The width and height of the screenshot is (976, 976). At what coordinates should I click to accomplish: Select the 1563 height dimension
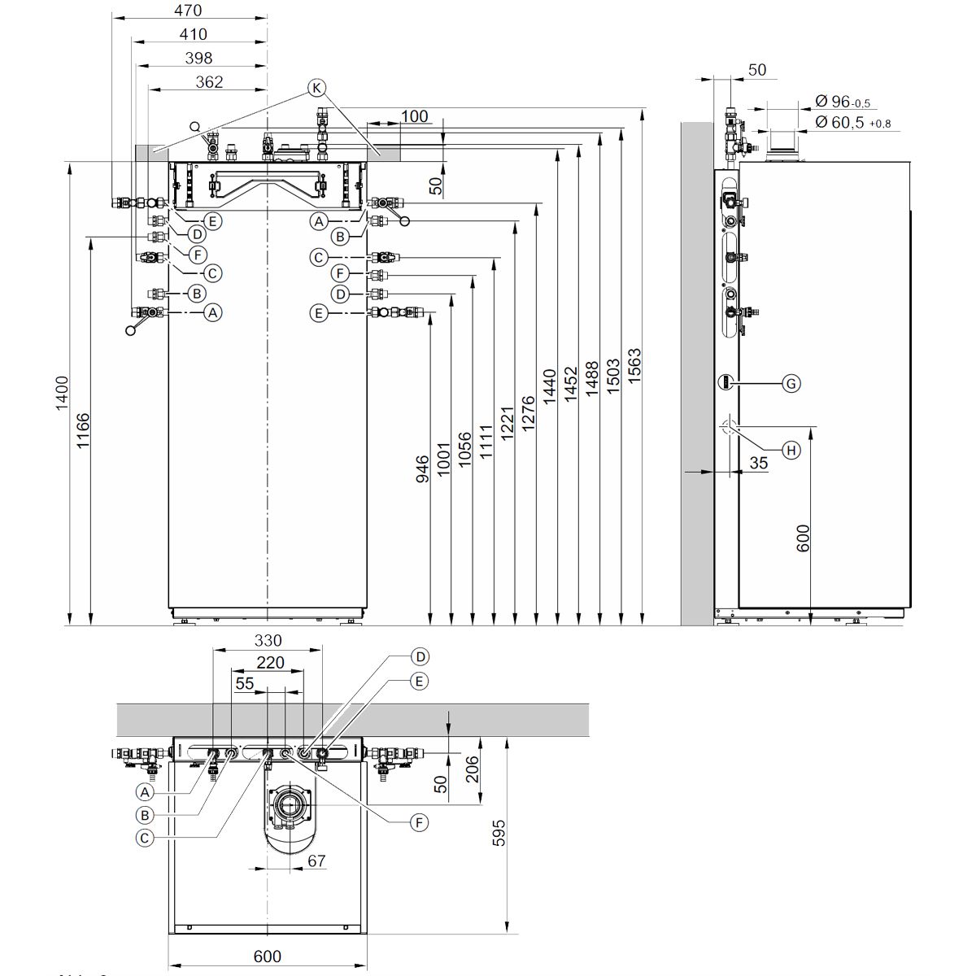[635, 366]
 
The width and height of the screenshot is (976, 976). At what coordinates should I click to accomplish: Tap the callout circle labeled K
[317, 87]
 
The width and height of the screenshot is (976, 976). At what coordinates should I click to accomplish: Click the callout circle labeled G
[790, 383]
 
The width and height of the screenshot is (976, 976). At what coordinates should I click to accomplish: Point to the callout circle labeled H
[790, 450]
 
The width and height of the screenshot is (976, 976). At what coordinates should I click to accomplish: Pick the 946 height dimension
[423, 470]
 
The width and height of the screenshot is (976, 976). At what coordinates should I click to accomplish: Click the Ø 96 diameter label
[841, 102]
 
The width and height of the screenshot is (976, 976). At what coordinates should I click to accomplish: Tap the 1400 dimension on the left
[62, 394]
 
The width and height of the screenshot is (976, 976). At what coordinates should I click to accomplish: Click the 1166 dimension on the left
[83, 431]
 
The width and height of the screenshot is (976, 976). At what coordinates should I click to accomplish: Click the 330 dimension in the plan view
[268, 640]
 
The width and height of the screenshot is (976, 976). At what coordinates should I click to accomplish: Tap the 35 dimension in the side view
[757, 463]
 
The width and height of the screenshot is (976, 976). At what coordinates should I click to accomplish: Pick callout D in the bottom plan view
[419, 656]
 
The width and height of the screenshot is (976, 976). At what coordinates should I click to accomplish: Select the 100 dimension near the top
[414, 116]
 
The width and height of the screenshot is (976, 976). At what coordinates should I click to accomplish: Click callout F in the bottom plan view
[419, 823]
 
